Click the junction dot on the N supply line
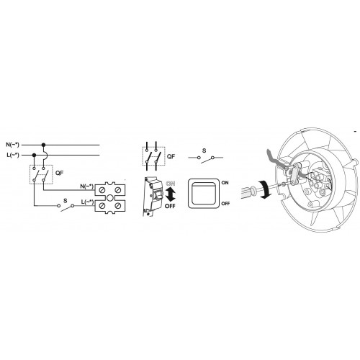pos(43,145)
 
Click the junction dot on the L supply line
pos(34,156)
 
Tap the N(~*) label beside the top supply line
pos(12,145)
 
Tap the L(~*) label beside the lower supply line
pos(13,156)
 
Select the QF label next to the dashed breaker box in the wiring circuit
pos(60,173)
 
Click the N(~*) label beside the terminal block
pos(87,186)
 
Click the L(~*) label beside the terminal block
pos(88,202)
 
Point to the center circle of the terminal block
pos(110,198)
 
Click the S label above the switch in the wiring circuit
pos(66,201)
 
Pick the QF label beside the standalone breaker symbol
pos(171,157)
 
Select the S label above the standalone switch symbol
pos(204,150)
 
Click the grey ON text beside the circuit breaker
pos(171,184)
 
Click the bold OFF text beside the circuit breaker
pos(170,206)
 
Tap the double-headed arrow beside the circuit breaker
pos(170,194)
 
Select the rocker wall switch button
pos(204,193)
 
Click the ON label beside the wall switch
pos(225,183)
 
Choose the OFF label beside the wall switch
pos(225,204)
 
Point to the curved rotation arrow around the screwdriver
pos(265,189)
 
